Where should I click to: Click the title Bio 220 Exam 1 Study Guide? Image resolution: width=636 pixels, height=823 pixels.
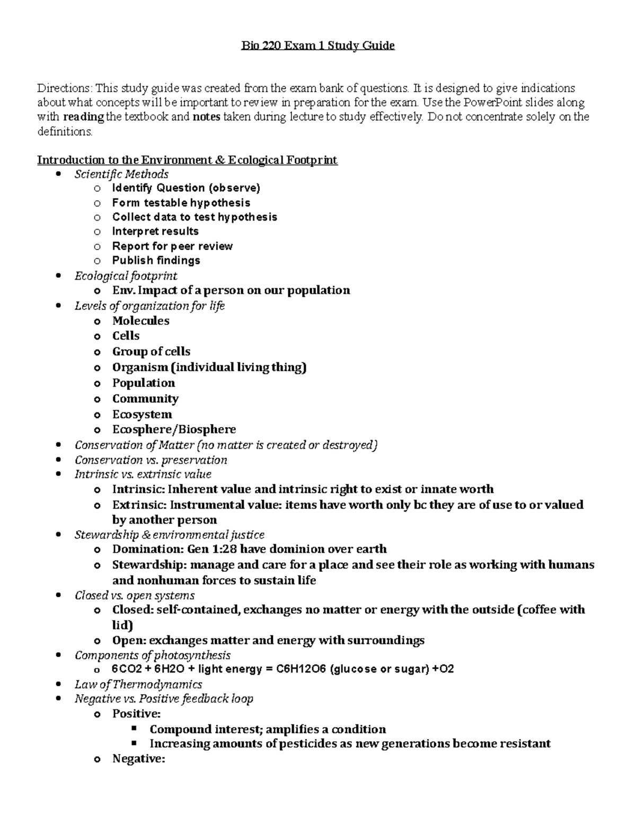pyautogui.click(x=318, y=46)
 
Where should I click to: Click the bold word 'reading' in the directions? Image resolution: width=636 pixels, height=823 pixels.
pyautogui.click(x=83, y=117)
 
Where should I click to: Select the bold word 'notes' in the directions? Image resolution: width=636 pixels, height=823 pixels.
pyautogui.click(x=206, y=117)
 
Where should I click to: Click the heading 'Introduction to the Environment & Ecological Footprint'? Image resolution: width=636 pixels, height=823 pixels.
pyautogui.click(x=187, y=160)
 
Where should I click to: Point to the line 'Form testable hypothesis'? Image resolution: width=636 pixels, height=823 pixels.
pyautogui.click(x=181, y=202)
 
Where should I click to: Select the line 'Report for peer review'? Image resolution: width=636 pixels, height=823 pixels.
pyautogui.click(x=172, y=246)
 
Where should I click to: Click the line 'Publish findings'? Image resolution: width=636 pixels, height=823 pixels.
pyautogui.click(x=156, y=260)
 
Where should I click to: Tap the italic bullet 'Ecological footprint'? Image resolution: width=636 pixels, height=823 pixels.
pyautogui.click(x=126, y=276)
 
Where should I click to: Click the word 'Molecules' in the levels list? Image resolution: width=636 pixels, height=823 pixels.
pyautogui.click(x=141, y=321)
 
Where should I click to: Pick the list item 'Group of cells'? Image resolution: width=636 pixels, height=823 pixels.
pyautogui.click(x=151, y=351)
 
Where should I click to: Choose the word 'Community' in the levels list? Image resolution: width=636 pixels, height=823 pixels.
pyautogui.click(x=145, y=399)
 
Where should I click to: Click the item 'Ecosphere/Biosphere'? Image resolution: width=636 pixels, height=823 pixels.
pyautogui.click(x=174, y=429)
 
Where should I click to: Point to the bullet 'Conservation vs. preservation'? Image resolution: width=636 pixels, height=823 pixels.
pyautogui.click(x=151, y=460)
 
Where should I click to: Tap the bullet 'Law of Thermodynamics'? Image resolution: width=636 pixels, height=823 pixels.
pyautogui.click(x=138, y=685)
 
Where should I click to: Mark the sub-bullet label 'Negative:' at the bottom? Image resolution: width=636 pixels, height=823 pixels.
pyautogui.click(x=139, y=759)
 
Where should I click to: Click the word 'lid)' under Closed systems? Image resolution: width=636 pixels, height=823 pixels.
pyautogui.click(x=122, y=625)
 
